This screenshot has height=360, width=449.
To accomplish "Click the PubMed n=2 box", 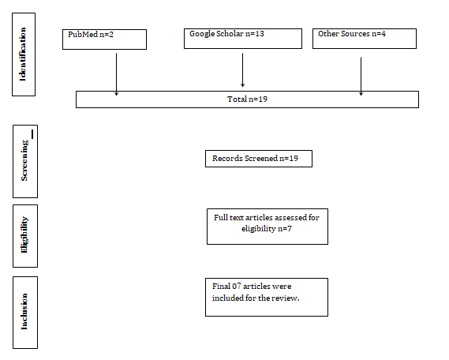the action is coord(104,39).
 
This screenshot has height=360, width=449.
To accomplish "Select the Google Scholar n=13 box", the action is coord(243,39).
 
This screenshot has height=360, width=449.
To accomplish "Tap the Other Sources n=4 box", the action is coord(365,39).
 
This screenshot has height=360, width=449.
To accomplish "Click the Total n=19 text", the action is coord(248,99).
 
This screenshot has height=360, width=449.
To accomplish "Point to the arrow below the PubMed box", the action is coord(116,74).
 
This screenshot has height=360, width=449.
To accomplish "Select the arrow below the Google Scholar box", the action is coord(242,70).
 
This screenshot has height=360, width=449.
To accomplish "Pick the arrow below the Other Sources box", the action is coord(361,76).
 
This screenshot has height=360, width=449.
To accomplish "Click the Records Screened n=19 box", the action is coord(259,159).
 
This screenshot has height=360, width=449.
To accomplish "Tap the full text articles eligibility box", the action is coord(268,227).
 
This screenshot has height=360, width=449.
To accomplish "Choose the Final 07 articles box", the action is coord(267,298).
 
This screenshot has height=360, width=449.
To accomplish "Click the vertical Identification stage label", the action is coord(24,54).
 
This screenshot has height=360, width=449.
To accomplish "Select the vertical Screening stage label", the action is coord(25,161).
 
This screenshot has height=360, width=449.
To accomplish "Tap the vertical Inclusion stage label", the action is coord(25,313).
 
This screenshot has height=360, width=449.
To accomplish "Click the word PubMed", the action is coord(83,35).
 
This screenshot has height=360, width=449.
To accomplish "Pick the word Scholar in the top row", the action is coord(230,33).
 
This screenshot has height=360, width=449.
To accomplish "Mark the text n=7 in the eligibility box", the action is coord(285,228).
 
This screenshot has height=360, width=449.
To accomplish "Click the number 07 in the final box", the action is coord(236,286).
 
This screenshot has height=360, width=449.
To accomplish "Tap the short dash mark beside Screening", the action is coord(32,134).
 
